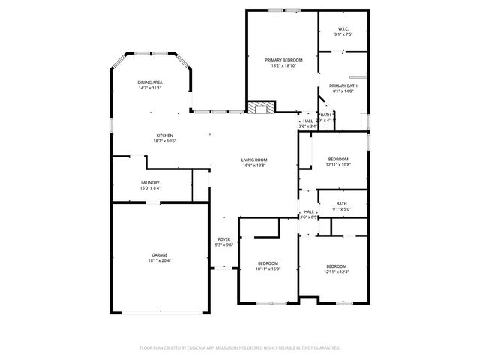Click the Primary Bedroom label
click(283, 59)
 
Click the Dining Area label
click(150, 82)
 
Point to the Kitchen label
click(164, 136)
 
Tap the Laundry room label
click(150, 182)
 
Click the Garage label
click(159, 255)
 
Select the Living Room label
click(254, 160)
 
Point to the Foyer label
click(224, 239)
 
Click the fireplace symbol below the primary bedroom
click(260, 107)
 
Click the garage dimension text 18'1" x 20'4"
click(159, 260)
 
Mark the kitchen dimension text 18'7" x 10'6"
click(164, 141)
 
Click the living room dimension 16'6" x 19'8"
click(254, 165)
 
